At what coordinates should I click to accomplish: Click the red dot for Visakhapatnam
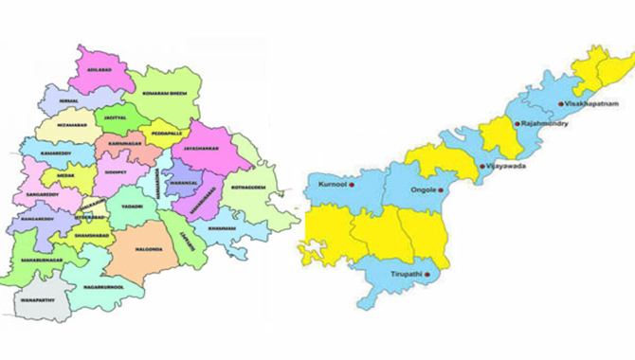[561, 103]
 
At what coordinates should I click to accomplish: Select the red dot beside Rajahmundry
[515, 124]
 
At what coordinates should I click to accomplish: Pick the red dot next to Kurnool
[352, 185]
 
